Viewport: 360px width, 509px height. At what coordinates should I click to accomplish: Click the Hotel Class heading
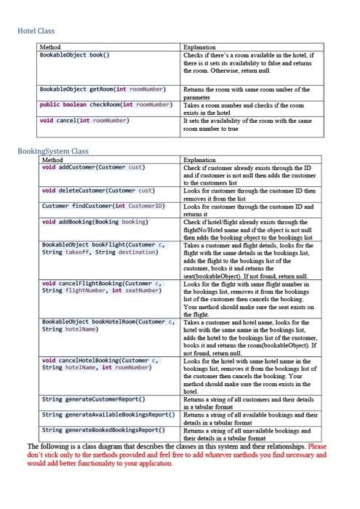[x=36, y=31]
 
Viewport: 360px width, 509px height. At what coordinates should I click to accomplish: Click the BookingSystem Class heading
[x=52, y=151]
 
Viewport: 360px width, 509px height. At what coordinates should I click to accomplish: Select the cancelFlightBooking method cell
[x=101, y=286]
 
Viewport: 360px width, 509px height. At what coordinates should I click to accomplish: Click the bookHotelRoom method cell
[x=108, y=324]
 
